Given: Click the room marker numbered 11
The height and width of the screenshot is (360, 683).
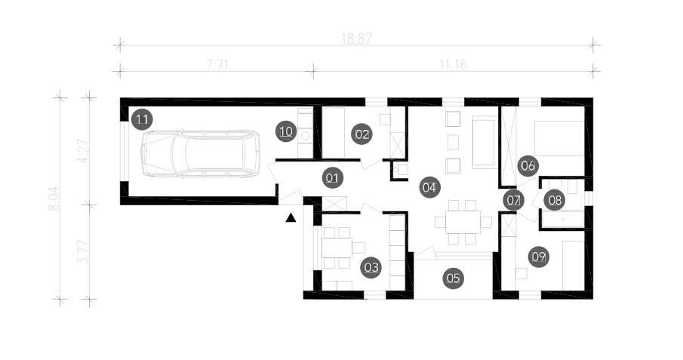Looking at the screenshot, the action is coord(142,119).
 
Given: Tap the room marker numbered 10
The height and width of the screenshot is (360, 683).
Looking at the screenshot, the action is coord(286,131).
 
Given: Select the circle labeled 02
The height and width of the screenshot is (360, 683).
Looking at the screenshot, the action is coord(362,134).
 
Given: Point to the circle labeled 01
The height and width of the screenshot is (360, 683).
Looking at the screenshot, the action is coord(332,178).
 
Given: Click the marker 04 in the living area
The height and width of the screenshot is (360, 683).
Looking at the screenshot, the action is coord(429,187).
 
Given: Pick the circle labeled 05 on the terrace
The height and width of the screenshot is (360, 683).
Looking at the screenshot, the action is coord(454,278).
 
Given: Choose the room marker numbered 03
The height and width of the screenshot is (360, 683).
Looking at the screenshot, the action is coord(371,267).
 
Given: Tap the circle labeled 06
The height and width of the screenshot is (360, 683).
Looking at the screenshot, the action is coord(528,165).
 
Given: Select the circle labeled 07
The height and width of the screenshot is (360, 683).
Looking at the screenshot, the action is coord(513,201).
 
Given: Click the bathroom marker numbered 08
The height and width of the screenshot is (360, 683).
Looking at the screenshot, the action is coord(555,200).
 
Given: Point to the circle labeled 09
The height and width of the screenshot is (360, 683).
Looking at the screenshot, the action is coord(539,257).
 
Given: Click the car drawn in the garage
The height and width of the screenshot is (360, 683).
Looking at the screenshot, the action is coord(200,153).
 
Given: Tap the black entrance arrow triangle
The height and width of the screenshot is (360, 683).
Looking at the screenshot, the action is coord(291,218).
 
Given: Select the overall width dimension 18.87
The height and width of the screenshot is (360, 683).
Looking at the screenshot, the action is coord(356,38).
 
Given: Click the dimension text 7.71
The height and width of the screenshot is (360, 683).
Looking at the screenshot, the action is coord(217,65).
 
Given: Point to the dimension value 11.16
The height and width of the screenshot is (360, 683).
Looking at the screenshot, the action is coord(453,65).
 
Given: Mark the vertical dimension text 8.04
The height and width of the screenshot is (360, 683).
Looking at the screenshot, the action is coord(54,198).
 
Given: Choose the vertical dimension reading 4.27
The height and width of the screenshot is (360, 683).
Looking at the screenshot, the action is coord(83,151).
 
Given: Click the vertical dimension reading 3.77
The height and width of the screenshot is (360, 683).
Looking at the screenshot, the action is coord(83,252).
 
